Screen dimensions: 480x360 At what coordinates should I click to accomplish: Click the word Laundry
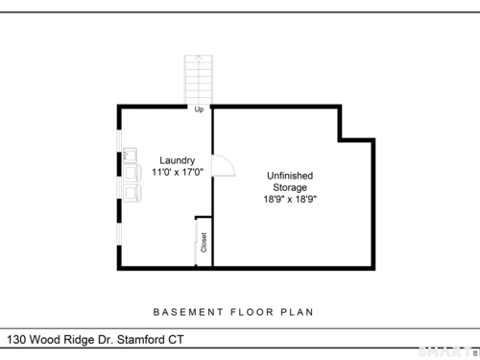click(178, 160)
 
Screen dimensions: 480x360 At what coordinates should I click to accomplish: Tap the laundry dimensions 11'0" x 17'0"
click(178, 172)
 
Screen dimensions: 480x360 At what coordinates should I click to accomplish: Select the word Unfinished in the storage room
click(290, 176)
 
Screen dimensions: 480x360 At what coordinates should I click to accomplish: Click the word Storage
click(290, 187)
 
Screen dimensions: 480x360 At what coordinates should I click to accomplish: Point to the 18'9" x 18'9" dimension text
click(290, 200)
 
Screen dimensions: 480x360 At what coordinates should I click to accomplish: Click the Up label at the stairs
click(199, 109)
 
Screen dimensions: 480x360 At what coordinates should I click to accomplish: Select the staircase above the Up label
click(199, 80)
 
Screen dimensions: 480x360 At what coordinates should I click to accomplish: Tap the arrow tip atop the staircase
click(199, 56)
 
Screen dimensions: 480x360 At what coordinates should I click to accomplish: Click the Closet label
click(204, 243)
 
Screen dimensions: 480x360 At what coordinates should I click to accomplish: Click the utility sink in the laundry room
click(131, 156)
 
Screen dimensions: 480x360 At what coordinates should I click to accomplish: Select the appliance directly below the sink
click(132, 173)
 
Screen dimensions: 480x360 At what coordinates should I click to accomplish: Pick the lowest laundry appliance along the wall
click(132, 193)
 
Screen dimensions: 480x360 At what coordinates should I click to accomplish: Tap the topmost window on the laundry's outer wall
click(119, 141)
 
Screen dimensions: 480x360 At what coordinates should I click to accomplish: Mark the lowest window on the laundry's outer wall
click(119, 234)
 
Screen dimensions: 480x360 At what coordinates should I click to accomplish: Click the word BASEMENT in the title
click(188, 312)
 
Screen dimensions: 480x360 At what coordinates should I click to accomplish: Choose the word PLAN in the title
click(297, 312)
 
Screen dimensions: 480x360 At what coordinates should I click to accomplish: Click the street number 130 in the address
click(16, 340)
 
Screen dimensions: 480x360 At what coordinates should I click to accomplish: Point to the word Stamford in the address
click(140, 340)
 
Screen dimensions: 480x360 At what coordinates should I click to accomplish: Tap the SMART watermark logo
click(447, 351)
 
